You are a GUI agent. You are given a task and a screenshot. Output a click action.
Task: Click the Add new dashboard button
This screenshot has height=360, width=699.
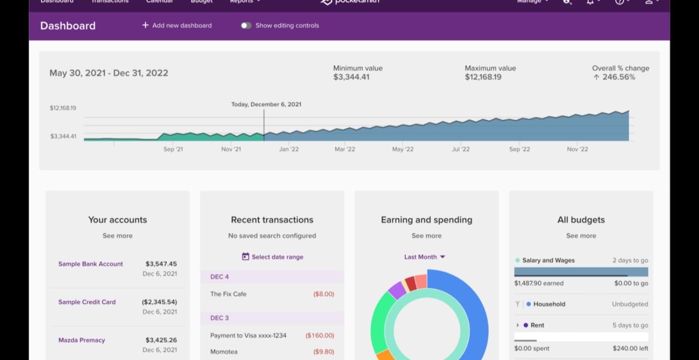coord(177,25)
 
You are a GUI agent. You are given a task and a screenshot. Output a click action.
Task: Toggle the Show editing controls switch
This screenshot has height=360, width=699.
coord(246,25)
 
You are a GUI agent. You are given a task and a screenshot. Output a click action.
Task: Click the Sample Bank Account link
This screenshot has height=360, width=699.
coord(90,264)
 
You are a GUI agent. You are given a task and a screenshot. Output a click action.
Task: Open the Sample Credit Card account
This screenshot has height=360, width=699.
coord(87,302)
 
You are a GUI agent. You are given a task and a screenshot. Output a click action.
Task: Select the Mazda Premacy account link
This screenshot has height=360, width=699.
coord(81,340)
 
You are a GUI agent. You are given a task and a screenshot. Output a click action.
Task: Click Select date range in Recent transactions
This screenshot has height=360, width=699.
coord(272,257)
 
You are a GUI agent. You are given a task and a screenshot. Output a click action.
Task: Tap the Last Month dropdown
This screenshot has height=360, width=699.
coord(425,257)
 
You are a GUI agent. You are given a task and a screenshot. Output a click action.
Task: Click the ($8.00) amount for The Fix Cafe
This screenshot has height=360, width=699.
coord(324,294)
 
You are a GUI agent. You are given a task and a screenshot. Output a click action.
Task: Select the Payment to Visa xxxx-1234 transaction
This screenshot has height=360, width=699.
coord(248,336)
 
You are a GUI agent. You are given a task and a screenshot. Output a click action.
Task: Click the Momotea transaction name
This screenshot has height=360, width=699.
coord(224,352)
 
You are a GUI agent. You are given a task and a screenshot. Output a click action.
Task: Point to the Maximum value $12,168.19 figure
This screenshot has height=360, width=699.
coord(483,77)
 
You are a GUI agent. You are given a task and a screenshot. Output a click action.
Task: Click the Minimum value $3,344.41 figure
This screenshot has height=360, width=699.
coord(351,77)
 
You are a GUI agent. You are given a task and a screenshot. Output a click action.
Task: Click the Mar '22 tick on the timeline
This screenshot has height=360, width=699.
coord(345,149)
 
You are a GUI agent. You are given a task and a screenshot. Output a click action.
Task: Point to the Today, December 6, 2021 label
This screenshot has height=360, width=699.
coord(266,104)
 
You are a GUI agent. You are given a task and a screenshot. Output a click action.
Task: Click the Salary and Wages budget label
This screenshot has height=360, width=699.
coord(548,260)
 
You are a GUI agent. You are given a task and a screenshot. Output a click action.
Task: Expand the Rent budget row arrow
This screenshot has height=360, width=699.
coord(518,325)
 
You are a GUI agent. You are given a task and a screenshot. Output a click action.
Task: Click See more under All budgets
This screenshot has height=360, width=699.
coord(581,236)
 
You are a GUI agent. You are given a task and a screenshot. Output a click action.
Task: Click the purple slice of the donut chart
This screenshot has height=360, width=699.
coord(397,290)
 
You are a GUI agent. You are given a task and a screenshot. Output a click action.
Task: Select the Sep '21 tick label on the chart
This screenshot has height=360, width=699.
coord(173,149)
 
